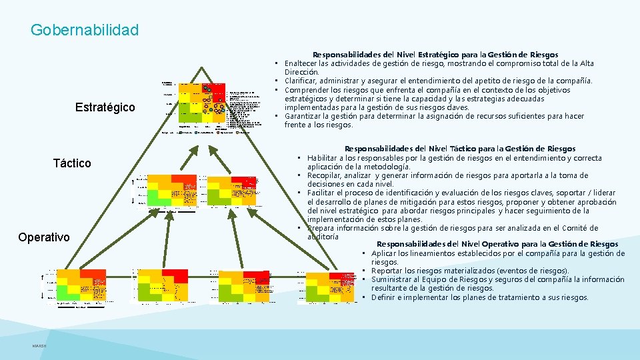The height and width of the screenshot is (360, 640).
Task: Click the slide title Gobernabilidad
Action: (85, 30)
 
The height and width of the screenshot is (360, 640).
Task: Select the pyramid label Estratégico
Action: (105, 107)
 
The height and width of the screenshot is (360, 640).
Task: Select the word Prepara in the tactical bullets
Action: (324, 228)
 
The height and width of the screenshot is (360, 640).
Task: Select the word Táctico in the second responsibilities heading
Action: (445, 149)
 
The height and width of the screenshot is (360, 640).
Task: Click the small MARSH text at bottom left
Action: (39, 345)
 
